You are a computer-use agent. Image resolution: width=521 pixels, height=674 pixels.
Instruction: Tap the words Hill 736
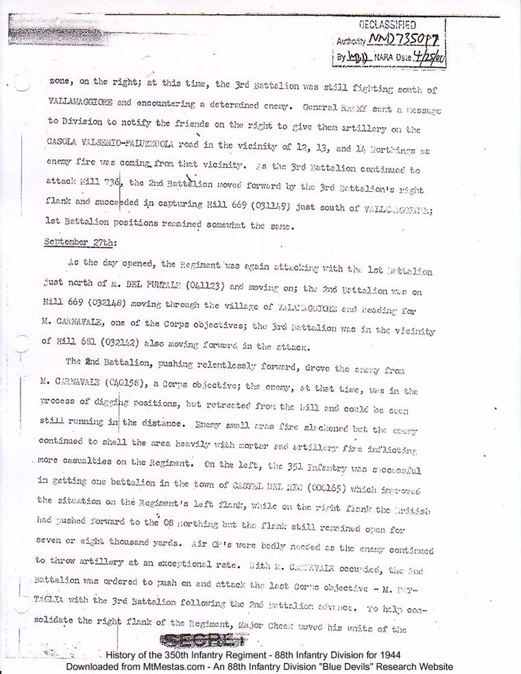(x=100, y=182)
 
